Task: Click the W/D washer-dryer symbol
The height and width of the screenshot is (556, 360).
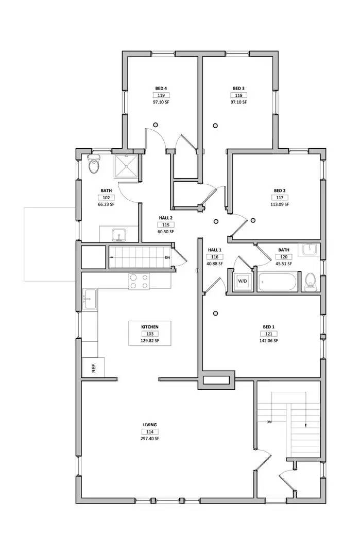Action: click(x=242, y=281)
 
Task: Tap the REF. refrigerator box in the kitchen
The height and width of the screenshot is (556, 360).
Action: click(x=93, y=368)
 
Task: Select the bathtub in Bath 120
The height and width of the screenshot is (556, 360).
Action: click(x=278, y=283)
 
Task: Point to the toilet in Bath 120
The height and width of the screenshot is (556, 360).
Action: click(x=310, y=282)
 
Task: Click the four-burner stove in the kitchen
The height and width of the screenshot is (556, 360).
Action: click(x=139, y=281)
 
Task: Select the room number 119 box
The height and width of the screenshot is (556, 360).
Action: click(x=161, y=95)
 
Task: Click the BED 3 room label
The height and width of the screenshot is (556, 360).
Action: click(x=238, y=88)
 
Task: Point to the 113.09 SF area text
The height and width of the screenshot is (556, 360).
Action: click(x=280, y=204)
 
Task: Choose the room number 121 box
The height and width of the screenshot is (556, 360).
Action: click(x=269, y=334)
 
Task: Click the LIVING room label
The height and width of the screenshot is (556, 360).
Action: click(x=150, y=425)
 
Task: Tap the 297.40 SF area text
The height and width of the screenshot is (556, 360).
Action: click(x=150, y=439)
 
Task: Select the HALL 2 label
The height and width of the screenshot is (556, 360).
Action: click(x=166, y=218)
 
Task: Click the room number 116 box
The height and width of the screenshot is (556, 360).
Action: click(x=214, y=257)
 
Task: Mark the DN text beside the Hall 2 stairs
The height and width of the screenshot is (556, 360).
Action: click(x=167, y=257)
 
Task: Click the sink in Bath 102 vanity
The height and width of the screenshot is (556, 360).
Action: click(x=119, y=235)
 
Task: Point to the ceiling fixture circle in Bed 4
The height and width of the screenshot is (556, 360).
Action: click(x=156, y=124)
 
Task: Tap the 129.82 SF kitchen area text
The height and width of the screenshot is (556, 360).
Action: click(x=150, y=341)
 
